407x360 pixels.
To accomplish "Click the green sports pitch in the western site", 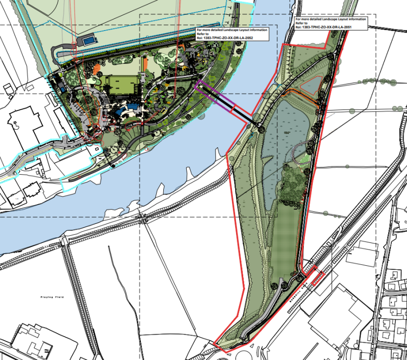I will (x=121, y=86).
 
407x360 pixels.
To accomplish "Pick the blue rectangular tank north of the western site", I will (x=89, y=40).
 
